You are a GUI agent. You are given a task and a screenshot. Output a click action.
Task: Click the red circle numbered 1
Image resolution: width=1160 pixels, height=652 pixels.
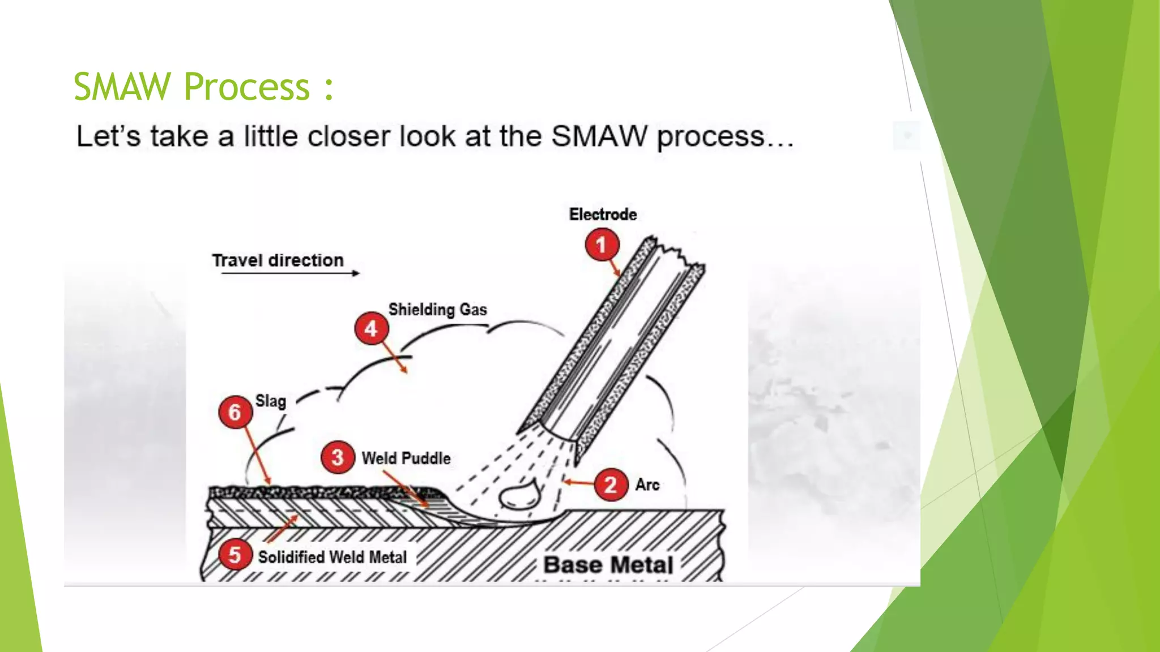coord(602,244)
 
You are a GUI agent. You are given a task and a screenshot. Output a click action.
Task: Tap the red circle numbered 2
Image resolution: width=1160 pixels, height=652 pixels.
coord(611,484)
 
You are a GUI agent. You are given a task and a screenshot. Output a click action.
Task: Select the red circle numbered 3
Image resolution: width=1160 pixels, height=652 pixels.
coord(338,457)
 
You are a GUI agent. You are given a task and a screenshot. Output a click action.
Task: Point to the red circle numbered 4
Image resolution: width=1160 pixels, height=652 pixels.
coord(371,328)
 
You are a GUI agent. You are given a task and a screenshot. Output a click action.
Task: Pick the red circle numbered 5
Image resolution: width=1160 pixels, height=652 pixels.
coord(234,555)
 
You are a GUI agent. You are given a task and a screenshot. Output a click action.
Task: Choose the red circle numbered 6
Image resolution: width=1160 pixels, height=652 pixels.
coord(235,411)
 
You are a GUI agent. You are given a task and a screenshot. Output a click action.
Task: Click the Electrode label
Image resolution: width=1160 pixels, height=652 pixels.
coord(603,215)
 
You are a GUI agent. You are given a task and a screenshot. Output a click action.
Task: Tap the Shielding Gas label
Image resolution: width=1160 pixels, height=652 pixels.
coord(437,310)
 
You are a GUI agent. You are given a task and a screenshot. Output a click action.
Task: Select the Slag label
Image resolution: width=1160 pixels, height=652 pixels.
coord(271,401)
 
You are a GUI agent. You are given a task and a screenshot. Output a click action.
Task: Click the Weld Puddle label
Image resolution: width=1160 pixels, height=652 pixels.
coord(406,458)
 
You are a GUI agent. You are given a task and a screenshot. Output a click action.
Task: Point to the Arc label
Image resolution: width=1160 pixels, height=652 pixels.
coord(647,484)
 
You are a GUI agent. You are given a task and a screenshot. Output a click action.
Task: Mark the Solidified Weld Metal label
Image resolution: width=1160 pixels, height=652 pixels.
coord(332,557)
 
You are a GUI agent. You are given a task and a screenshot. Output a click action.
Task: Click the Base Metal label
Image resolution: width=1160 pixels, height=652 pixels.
coord(608,565)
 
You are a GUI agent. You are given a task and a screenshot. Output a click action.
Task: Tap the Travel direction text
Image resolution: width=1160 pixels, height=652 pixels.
coord(278,260)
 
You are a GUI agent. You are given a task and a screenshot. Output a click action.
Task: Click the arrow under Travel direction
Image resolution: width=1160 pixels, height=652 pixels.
coord(290,273)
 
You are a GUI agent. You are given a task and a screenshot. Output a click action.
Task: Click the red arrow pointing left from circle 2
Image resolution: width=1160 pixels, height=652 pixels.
coord(578,483)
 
